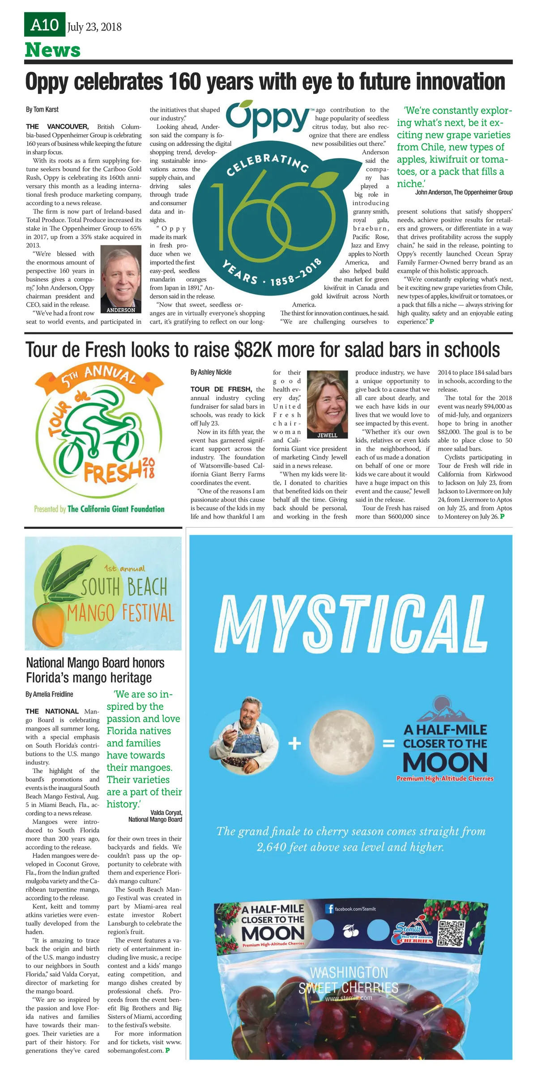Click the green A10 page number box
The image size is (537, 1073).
click(44, 25)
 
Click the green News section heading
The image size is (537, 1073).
click(53, 50)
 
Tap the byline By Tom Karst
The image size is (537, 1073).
click(42, 110)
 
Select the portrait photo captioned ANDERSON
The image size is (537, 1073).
click(121, 279)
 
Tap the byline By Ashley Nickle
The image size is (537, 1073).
click(211, 372)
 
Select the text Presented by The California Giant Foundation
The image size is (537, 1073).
click(99, 509)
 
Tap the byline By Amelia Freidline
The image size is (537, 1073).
click(49, 694)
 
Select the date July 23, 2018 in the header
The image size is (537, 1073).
click(94, 27)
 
